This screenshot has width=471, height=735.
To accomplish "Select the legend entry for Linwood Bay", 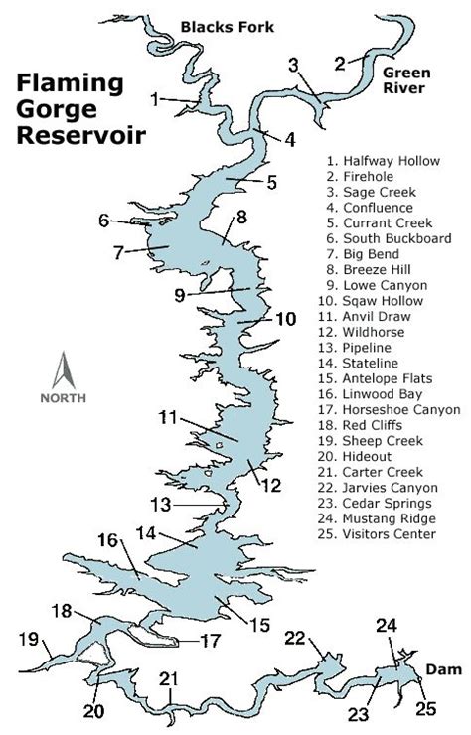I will coord(378,392).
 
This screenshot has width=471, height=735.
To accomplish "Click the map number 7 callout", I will coord(118,252).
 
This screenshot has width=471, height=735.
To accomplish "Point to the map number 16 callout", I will coord(108,540).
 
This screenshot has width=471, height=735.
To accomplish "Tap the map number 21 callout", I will coord(170,679).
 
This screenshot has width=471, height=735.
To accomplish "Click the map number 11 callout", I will coord(167,417).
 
